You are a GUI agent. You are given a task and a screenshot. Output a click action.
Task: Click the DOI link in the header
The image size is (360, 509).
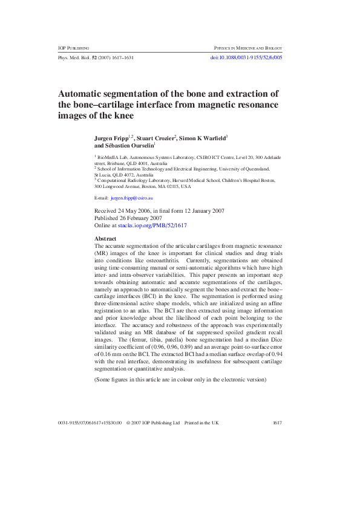pyautogui.click(x=246, y=57)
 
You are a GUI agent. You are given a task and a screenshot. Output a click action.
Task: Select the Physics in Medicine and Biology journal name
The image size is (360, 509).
pyautogui.click(x=248, y=47)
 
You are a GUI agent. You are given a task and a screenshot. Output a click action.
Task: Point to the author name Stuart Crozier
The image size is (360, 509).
pyautogui.click(x=157, y=138)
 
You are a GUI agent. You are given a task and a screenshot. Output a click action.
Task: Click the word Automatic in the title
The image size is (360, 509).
pyautogui.click(x=84, y=94)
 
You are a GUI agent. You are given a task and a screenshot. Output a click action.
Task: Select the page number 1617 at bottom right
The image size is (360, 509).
pyautogui.click(x=278, y=423)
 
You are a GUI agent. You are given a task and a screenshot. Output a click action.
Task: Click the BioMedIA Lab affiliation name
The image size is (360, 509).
pyautogui.click(x=114, y=157)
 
